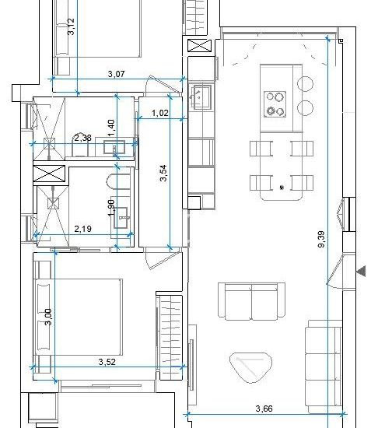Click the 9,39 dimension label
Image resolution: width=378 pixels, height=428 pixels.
click(x=322, y=239)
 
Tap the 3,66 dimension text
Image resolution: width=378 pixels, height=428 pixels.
click(x=264, y=409)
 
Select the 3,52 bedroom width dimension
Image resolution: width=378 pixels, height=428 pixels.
click(x=107, y=362)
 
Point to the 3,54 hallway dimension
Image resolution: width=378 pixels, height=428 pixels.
click(x=163, y=173)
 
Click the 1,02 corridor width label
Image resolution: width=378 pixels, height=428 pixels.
click(x=159, y=113)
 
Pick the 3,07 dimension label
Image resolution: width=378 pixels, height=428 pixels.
click(x=116, y=74)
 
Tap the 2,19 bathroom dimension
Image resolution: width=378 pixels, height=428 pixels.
click(x=83, y=229)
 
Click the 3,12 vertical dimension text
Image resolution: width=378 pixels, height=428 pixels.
click(x=71, y=26)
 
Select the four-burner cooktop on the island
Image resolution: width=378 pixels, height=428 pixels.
click(x=275, y=104)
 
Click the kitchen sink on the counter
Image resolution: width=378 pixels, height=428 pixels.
click(x=201, y=96)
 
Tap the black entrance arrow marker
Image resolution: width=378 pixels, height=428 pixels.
click(x=361, y=272)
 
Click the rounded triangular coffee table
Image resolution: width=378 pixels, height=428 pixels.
click(x=251, y=367)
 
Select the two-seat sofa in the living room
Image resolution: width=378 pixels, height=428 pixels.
click(x=251, y=301)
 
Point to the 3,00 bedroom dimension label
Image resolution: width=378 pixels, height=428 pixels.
click(x=48, y=317)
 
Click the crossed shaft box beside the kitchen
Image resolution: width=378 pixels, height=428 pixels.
click(x=200, y=46)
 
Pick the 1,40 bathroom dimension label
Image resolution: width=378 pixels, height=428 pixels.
click(x=111, y=128)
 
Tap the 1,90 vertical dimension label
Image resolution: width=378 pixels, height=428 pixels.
click(x=111, y=208)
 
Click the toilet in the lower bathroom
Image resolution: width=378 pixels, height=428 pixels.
click(x=117, y=181)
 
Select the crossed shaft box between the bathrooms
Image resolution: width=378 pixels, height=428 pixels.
click(x=49, y=174)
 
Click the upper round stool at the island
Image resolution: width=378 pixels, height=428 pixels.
click(x=305, y=83)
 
